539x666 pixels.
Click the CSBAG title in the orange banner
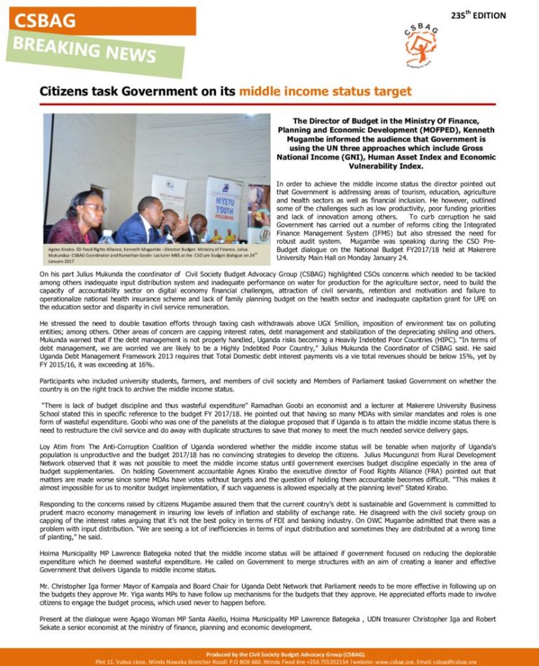44,21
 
